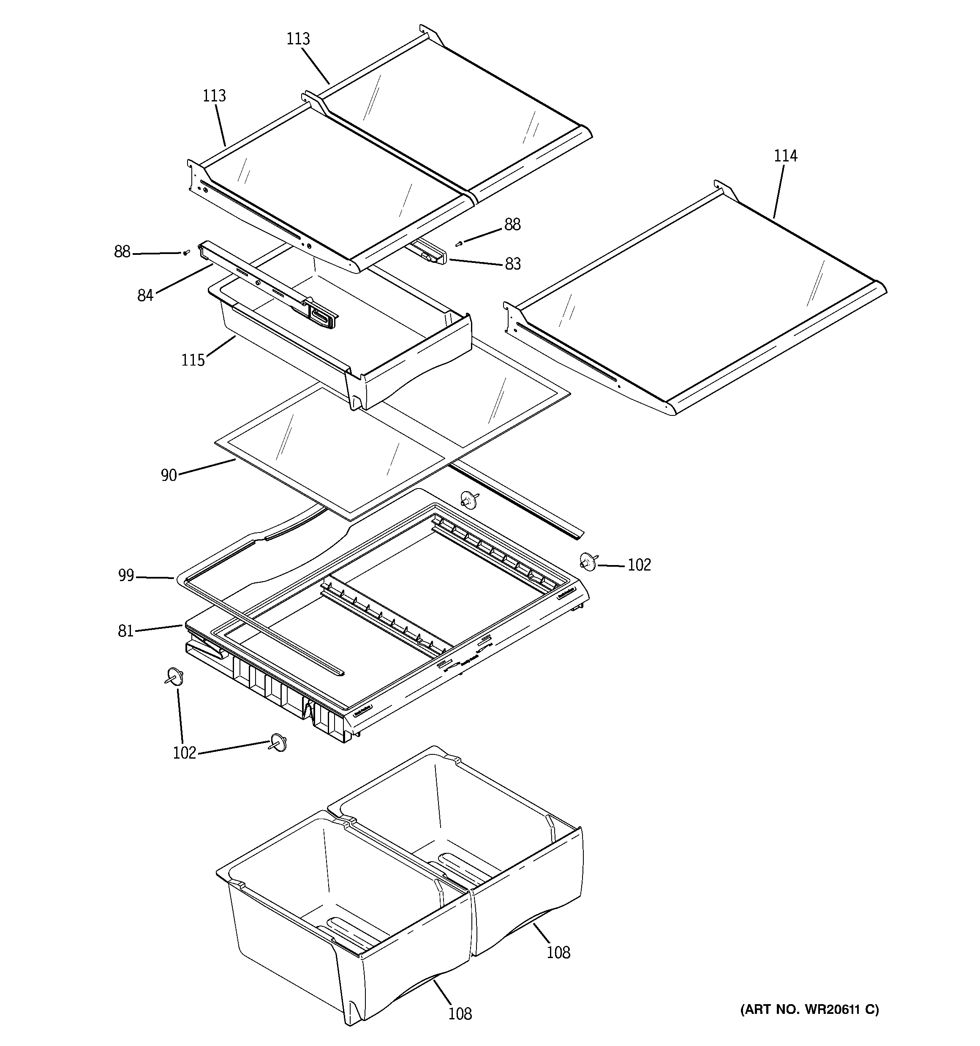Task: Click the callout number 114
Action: pos(785,156)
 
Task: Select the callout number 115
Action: pos(193,361)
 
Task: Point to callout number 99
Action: pos(126,576)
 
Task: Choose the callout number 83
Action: pos(512,264)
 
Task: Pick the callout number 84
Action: pos(145,296)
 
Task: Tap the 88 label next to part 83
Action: pos(512,225)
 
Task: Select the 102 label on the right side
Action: pos(639,565)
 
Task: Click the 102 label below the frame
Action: pos(184,753)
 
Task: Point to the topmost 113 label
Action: pos(298,39)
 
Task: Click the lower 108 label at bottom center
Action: pos(460,1013)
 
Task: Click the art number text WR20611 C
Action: pos(810,1009)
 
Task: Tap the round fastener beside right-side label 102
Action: pos(588,561)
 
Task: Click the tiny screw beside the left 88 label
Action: pos(186,253)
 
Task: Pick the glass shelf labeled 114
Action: pos(694,300)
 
